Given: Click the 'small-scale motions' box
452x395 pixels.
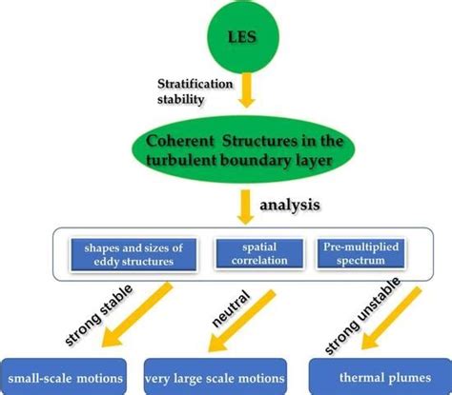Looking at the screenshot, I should point(66,376).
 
